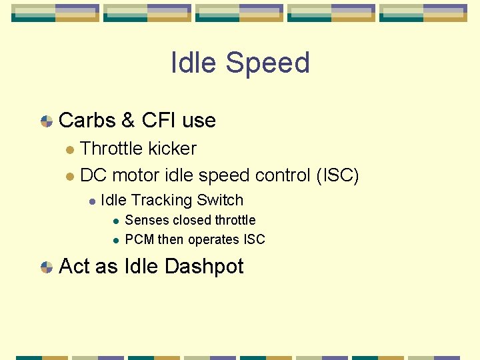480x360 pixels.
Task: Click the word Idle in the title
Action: (193, 63)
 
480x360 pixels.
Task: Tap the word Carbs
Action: (87, 121)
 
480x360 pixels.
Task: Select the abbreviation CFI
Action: (159, 121)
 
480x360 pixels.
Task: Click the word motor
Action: (133, 175)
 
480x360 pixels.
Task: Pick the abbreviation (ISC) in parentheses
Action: (337, 175)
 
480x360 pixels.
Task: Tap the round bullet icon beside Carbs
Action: (47, 121)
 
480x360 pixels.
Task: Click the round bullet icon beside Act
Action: (47, 267)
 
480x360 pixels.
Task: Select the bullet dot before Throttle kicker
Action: (69, 149)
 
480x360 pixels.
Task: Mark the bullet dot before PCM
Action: (115, 240)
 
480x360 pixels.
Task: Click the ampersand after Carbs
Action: (128, 121)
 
